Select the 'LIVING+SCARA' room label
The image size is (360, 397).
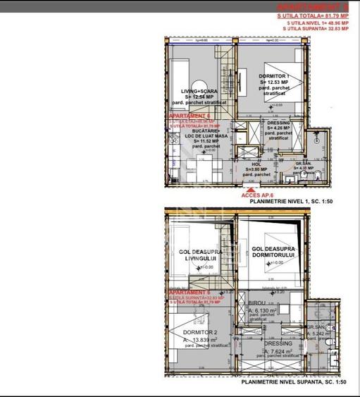[x=199, y=91]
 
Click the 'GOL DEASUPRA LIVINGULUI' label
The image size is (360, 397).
[x=198, y=255]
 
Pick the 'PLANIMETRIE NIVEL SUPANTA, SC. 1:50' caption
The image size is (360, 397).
[x=294, y=381]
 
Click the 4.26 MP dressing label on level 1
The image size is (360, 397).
[x=279, y=128]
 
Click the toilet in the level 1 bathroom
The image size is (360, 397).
[x=318, y=175]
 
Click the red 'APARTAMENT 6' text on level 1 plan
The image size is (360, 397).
[x=189, y=115]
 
